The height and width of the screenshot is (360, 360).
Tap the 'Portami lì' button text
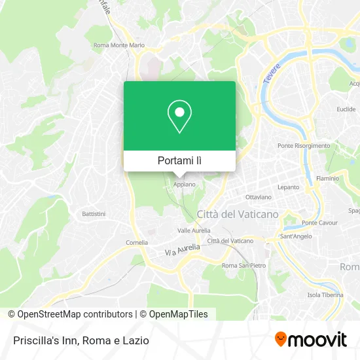(x=179, y=160)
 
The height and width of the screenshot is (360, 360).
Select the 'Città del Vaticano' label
(x=238, y=214)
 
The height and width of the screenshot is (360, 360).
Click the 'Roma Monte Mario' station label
(x=118, y=45)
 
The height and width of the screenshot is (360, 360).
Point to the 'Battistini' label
(x=94, y=214)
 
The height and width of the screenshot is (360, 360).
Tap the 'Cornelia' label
(x=137, y=242)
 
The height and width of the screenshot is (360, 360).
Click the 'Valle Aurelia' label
(x=193, y=230)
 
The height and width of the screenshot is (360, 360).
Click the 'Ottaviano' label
(x=258, y=197)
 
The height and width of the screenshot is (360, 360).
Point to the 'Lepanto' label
(x=289, y=187)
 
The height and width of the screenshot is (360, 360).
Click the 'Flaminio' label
(x=327, y=177)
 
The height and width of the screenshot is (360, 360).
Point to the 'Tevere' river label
(x=272, y=72)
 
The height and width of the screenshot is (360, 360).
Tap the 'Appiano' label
(x=183, y=185)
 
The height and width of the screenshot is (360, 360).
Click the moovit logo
(x=310, y=340)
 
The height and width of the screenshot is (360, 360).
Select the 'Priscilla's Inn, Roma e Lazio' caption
(x=80, y=340)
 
